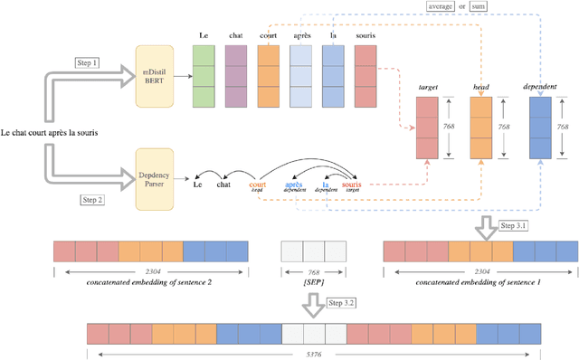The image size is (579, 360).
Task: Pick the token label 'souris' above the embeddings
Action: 365,36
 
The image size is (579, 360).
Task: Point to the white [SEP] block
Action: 313,251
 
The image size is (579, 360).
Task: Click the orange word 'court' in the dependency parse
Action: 258,184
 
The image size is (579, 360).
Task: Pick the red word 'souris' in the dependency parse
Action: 350,184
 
